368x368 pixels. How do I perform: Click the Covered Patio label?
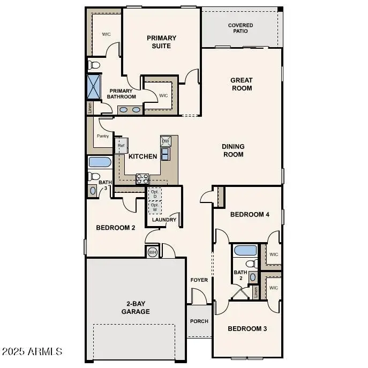pyautogui.click(x=241, y=28)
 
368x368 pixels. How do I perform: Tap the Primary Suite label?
pyautogui.click(x=161, y=42)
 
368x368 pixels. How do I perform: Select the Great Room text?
pyautogui.click(x=242, y=84)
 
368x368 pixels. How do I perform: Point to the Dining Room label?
pyautogui.click(x=233, y=151)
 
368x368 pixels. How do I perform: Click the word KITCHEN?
pyautogui.click(x=143, y=156)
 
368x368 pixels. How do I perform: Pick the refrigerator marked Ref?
pyautogui.click(x=121, y=146)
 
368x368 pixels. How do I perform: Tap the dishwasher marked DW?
pyautogui.click(x=166, y=141)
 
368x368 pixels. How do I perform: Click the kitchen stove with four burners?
pyautogui.click(x=142, y=178)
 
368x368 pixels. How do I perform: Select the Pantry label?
pyautogui.click(x=103, y=136)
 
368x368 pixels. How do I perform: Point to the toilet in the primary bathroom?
pyautogui.click(x=94, y=65)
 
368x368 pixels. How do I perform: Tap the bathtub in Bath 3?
pyautogui.click(x=99, y=162)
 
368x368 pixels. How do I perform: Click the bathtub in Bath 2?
pyautogui.click(x=245, y=250)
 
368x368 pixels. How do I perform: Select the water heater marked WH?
pyautogui.click(x=152, y=252)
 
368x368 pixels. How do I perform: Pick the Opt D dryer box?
pyautogui.click(x=155, y=193)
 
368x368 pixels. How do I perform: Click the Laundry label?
pyautogui.click(x=164, y=220)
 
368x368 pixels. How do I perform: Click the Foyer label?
pyautogui.click(x=199, y=280)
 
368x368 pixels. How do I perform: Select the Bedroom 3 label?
pyautogui.click(x=247, y=328)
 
